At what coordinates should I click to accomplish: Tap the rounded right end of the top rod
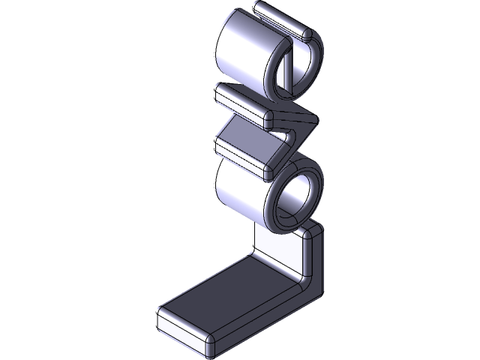305,33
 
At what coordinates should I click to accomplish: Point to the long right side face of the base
262,315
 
